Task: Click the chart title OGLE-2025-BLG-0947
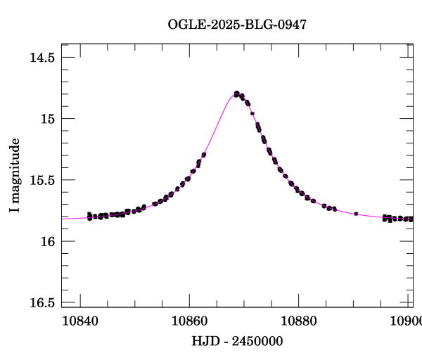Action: click(x=237, y=25)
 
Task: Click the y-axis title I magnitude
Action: click(x=15, y=176)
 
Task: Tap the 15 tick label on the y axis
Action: click(x=48, y=118)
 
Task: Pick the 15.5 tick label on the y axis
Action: click(x=42, y=180)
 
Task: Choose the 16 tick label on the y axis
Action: click(x=48, y=241)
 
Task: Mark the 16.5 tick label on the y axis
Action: click(x=42, y=303)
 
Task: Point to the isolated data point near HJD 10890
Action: click(x=357, y=213)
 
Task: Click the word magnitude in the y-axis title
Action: click(x=15, y=168)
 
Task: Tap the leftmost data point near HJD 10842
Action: click(x=89, y=214)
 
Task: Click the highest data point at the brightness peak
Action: click(x=237, y=93)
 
